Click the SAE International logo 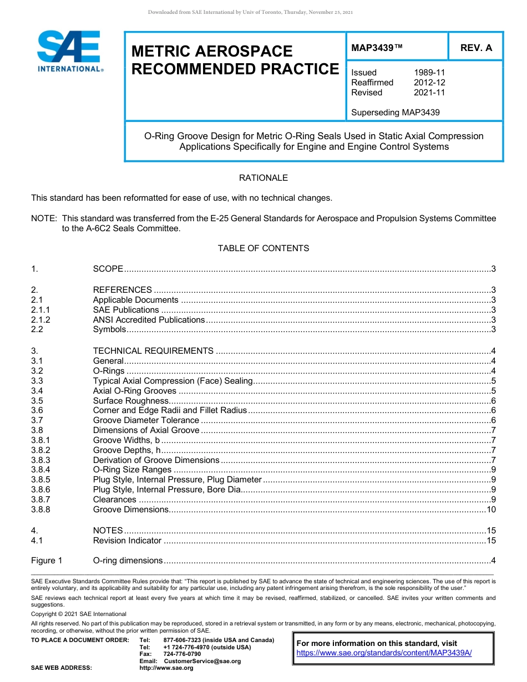pyautogui.click(x=69, y=51)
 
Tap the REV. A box pyautogui.click(x=475, y=48)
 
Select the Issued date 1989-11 pyautogui.click(x=429, y=73)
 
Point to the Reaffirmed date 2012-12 pyautogui.click(x=429, y=83)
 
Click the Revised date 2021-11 pyautogui.click(x=429, y=93)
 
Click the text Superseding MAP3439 pyautogui.click(x=395, y=113)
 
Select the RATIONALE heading pyautogui.click(x=263, y=178)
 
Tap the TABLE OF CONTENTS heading pyautogui.click(x=263, y=248)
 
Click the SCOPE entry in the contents pyautogui.click(x=108, y=269)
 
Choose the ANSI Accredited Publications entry pyautogui.click(x=149, y=320)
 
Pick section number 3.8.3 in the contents pyautogui.click(x=40, y=460)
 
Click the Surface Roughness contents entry pyautogui.click(x=130, y=401)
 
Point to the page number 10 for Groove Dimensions pyautogui.click(x=490, y=510)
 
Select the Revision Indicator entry pyautogui.click(x=127, y=541)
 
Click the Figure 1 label pyautogui.click(x=47, y=561)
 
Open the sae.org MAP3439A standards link pyautogui.click(x=384, y=653)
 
